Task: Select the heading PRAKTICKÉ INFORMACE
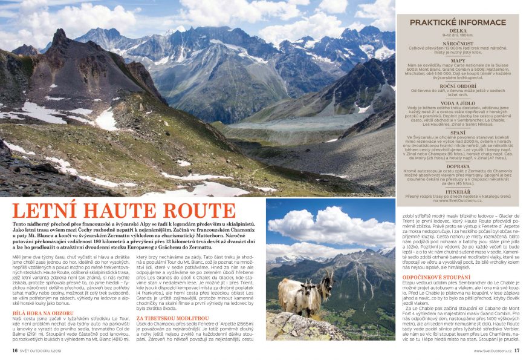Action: [458, 22]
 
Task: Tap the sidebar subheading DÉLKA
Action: [458, 30]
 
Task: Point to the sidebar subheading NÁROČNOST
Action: [458, 44]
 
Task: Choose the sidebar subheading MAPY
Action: [458, 61]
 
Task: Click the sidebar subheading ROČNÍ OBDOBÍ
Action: [458, 85]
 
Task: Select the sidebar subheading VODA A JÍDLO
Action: [458, 103]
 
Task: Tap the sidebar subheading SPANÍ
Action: [458, 132]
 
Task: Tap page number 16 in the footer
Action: [15, 350]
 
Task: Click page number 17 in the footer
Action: [517, 350]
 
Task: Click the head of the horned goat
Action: [326, 283]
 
